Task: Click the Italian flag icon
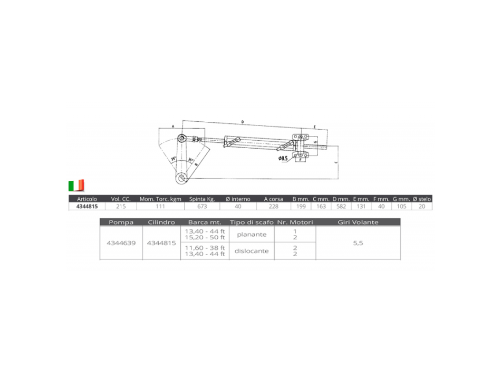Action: pos(76,185)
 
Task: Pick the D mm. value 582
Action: pos(342,207)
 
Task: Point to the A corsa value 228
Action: pos(273,207)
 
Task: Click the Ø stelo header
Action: pos(422,199)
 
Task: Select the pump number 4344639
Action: pos(121,244)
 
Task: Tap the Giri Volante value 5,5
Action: pos(358,244)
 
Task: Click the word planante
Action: pos(252,235)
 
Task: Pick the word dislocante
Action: pos(252,251)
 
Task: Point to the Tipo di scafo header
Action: pos(252,222)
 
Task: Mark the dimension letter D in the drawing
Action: pos(242,122)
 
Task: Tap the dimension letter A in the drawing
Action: pos(172,127)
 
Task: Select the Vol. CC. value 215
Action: pos(121,207)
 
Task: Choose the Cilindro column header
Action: pos(161,222)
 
